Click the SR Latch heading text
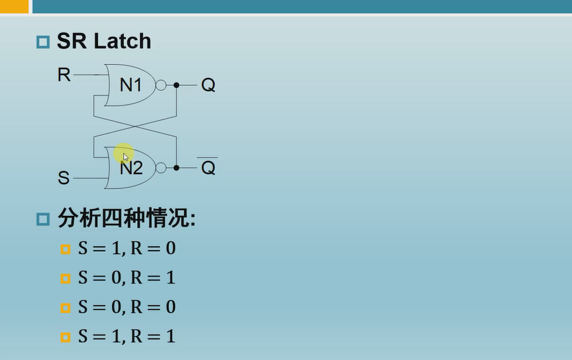point(104,41)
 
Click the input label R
point(64,75)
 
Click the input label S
point(63,178)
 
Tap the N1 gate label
point(130,85)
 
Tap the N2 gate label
point(131,168)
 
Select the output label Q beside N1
point(208,85)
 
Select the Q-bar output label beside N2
point(208,168)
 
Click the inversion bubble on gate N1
point(161,85)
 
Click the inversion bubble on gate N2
point(161,168)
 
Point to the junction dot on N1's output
point(176,85)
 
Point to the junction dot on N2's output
point(176,168)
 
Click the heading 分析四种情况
point(126,219)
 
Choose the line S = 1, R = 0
point(126,248)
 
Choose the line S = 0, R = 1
point(126,277)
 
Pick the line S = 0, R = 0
point(126,307)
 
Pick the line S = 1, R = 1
point(126,337)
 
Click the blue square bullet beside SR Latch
point(43,43)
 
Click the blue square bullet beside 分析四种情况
point(43,220)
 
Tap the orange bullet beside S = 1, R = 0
point(65,249)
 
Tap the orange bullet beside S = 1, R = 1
point(65,337)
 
